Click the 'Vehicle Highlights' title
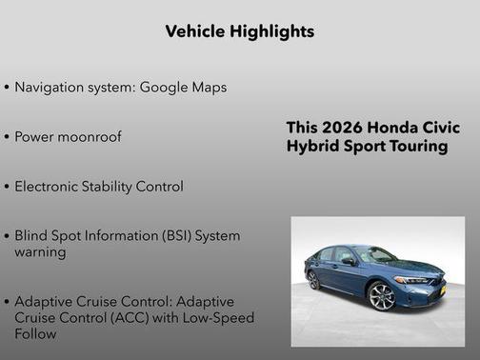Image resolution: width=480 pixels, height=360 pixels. [239, 31]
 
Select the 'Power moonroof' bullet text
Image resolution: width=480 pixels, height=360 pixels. [69, 137]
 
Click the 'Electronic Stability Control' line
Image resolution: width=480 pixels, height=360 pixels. [99, 187]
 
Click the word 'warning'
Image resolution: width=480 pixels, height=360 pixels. [40, 252]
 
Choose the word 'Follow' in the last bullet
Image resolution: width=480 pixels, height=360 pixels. [36, 334]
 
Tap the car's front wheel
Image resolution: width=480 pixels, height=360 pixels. [382, 296]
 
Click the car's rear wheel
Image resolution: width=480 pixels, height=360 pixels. [313, 280]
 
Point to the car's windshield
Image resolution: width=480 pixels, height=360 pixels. [373, 255]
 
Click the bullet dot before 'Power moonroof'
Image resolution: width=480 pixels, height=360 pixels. [7, 137]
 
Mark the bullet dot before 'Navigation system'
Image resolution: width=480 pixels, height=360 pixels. [7, 88]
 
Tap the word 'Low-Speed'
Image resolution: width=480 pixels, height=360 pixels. [220, 318]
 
